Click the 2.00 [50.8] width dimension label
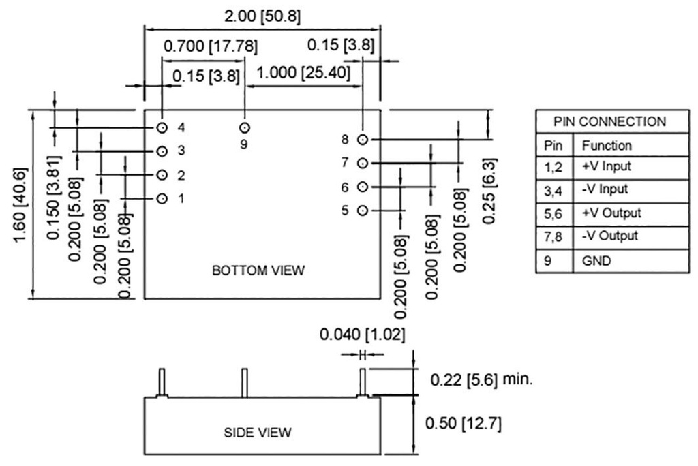(262, 16)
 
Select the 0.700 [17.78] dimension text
(211, 46)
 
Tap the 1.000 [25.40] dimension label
(303, 72)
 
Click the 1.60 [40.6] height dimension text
(20, 205)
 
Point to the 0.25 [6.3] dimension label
(489, 191)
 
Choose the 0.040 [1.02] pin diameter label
(363, 335)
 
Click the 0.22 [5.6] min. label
(482, 379)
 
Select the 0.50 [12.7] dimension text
(464, 423)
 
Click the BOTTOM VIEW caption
(258, 270)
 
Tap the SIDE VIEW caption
(258, 433)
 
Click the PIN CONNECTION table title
(610, 121)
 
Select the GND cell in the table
(596, 261)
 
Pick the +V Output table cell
(611, 213)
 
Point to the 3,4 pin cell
(553, 191)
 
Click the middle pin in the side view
(245, 383)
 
